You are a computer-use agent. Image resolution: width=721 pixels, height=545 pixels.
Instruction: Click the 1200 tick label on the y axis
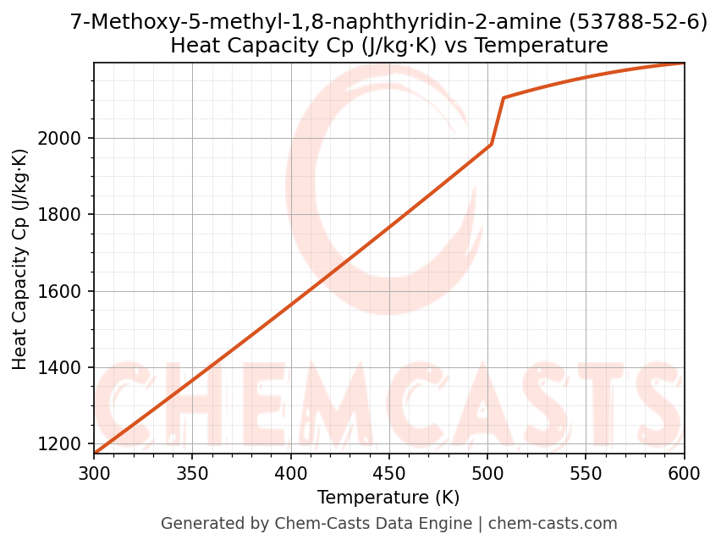coord(64,444)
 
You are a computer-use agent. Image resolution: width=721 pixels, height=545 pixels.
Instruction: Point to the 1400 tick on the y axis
coord(64,368)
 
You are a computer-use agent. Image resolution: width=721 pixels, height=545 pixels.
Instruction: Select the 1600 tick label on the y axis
coord(64,291)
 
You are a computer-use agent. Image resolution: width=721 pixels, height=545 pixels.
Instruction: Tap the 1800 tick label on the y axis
coord(64,215)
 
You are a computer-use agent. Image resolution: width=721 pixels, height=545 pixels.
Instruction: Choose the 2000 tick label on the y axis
coord(64,138)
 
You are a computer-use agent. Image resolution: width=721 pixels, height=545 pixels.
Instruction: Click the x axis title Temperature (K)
coord(388,498)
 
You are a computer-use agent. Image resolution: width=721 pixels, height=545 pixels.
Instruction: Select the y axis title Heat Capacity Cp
coord(20,259)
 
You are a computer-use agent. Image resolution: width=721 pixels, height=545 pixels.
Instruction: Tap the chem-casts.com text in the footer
coord(553,524)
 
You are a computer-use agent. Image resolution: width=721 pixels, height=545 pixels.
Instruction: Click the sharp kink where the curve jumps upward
coord(491,145)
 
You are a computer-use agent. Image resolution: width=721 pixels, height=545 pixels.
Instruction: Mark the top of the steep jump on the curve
coord(504,98)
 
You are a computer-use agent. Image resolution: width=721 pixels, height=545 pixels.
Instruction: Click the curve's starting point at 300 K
coord(94,454)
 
